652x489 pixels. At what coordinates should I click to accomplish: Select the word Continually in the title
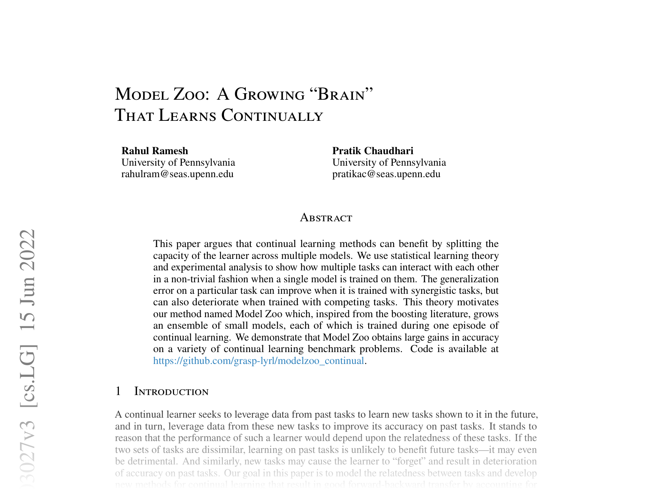point(272,115)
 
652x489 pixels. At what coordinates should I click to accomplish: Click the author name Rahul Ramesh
point(155,151)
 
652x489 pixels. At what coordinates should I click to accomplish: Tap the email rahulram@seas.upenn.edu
point(177,174)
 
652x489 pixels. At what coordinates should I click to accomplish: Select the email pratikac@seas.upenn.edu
point(386,174)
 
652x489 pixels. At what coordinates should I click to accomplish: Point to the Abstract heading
point(326,218)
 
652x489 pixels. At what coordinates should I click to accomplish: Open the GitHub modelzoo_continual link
point(258,361)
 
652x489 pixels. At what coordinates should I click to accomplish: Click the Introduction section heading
point(171,392)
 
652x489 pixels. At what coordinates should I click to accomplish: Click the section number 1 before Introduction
point(118,392)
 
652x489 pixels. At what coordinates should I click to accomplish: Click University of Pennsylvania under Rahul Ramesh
point(178,163)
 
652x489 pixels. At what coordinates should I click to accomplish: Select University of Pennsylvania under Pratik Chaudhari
point(389,163)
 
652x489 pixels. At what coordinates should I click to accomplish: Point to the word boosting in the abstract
point(408,314)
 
